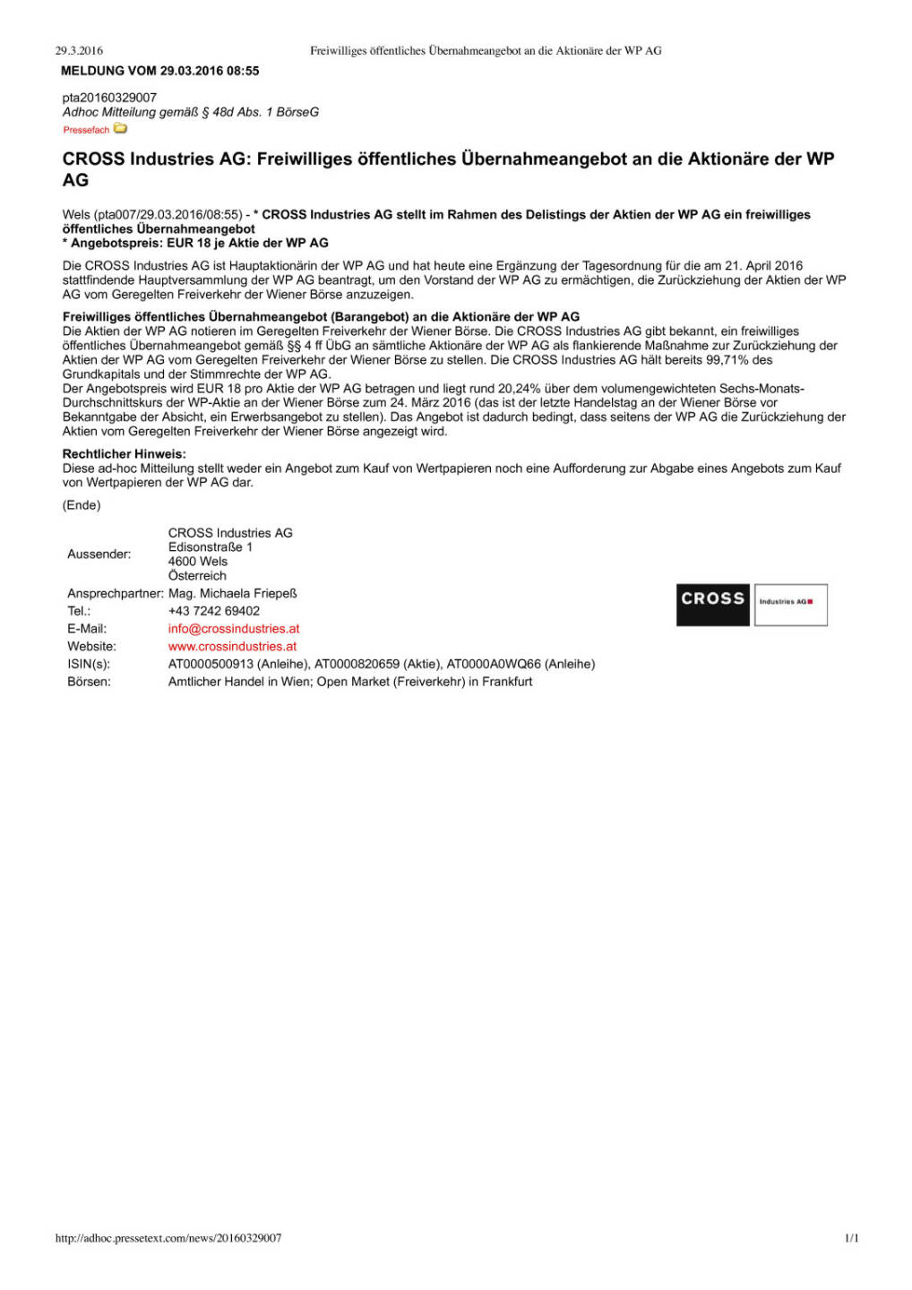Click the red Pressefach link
click(86, 130)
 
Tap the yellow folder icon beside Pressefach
click(121, 129)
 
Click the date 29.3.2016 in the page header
click(79, 51)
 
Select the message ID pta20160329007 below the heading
click(109, 98)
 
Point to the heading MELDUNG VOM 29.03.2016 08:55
click(160, 71)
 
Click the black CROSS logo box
click(712, 604)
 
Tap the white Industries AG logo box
click(790, 604)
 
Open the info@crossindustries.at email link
click(234, 629)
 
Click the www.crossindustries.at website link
click(232, 646)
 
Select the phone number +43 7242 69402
click(214, 611)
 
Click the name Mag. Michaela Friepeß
click(233, 593)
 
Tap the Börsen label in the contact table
click(90, 682)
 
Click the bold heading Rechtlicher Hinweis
click(125, 454)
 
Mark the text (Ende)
click(82, 505)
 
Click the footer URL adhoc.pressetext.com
click(168, 1238)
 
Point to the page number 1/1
click(851, 1238)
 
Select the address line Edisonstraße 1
click(211, 546)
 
